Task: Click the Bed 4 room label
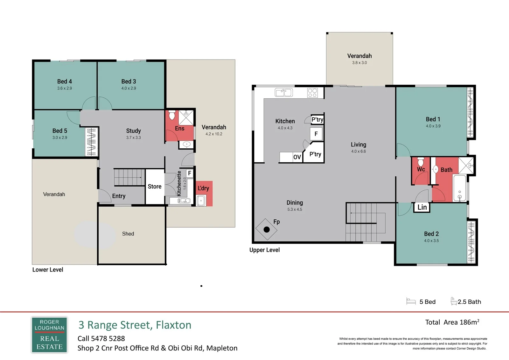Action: coord(65,81)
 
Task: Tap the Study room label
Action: coord(133,131)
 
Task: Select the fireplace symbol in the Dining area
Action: coord(266,229)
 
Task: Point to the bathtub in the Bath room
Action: coord(459,188)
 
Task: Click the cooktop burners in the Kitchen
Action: coord(312,93)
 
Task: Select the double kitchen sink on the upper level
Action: coord(284,93)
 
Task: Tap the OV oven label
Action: coord(297,157)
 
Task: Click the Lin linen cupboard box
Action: coord(422,207)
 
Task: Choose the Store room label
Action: coord(155,187)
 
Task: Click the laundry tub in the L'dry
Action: coord(201,201)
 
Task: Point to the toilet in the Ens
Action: coord(172,115)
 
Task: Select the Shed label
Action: coord(128,234)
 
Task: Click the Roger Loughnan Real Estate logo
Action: coord(49,335)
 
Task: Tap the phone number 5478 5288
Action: coord(108,339)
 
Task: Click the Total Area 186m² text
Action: coord(452,322)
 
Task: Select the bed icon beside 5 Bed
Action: coord(411,301)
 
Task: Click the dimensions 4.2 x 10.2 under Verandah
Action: coord(214,134)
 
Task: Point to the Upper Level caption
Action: coord(264,250)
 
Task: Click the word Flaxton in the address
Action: coord(174,325)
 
